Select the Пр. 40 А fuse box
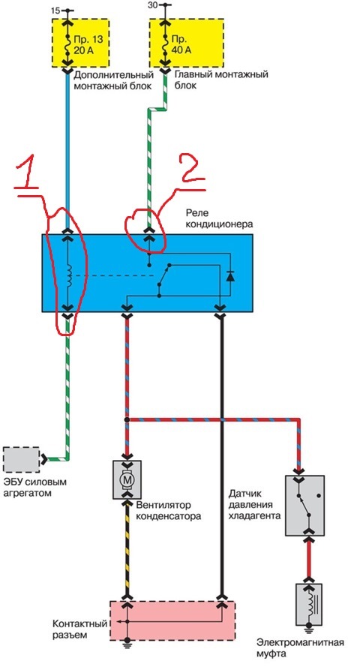coord(187,43)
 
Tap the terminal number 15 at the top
coord(55,10)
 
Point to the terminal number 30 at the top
coord(152,5)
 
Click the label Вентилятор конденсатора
coord(168,512)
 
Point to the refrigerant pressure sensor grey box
coord(304,506)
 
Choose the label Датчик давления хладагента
coord(254,506)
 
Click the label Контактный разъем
coord(79,629)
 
